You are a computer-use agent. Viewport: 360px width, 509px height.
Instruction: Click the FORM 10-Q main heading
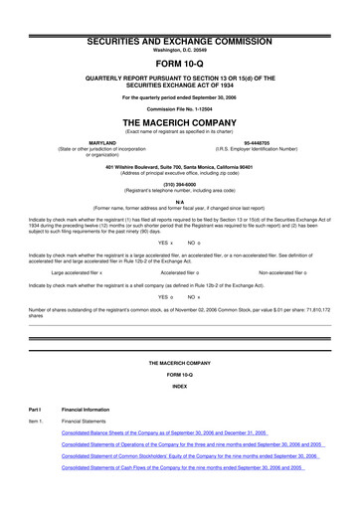[x=179, y=59]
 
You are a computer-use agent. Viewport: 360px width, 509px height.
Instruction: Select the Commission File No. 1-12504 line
[x=179, y=107]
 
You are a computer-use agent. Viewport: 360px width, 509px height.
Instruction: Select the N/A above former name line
[x=179, y=201]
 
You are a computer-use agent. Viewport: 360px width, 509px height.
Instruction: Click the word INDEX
[x=179, y=386]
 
